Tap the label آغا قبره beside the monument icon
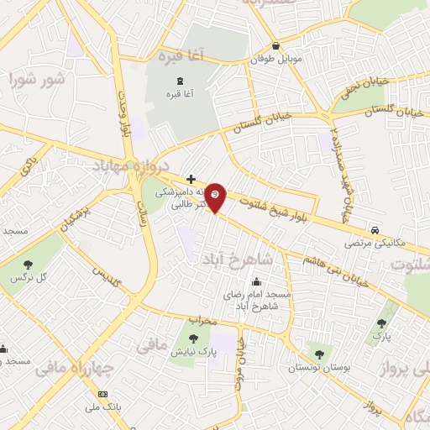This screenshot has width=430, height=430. coord(180,94)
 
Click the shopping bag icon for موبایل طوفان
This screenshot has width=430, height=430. coord(276,47)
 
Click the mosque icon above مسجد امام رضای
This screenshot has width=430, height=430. coord(255,281)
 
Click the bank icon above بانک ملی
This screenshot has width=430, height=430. coord(103,395)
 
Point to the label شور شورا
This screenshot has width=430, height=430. coord(38,81)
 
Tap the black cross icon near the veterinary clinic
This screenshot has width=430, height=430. coord(191,179)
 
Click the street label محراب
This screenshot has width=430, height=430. coord(202,320)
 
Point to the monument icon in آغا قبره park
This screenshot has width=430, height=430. coord(180,80)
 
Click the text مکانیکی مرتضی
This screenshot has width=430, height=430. coord(375,244)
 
